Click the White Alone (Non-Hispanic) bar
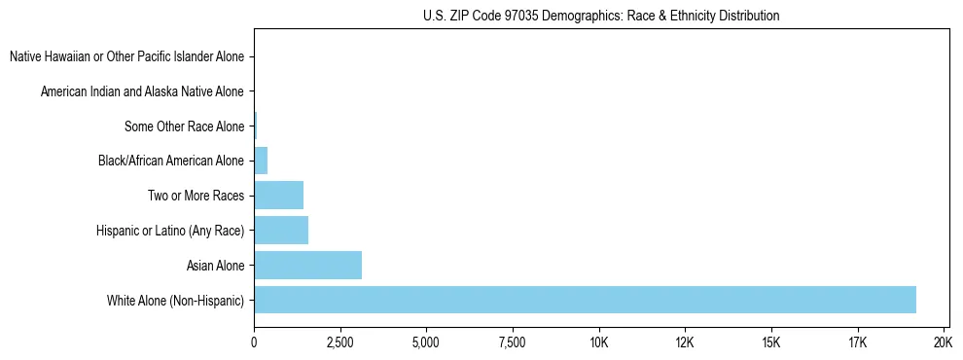pyautogui.click(x=584, y=300)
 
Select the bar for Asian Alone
pyautogui.click(x=307, y=265)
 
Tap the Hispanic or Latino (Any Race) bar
pyautogui.click(x=281, y=231)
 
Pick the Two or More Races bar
pyautogui.click(x=278, y=196)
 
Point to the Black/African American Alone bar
pyautogui.click(x=261, y=161)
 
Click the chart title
pyautogui.click(x=601, y=17)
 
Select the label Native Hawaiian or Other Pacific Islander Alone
pyautogui.click(x=127, y=57)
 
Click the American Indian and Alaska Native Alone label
pyautogui.click(x=143, y=92)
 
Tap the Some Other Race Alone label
pyautogui.click(x=185, y=126)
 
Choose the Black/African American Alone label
pyautogui.click(x=171, y=161)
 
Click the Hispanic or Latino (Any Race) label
pyautogui.click(x=170, y=231)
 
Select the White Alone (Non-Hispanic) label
pyautogui.click(x=176, y=300)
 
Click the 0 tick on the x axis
pyautogui.click(x=254, y=343)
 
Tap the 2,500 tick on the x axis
pyautogui.click(x=340, y=343)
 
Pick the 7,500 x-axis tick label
pyautogui.click(x=513, y=343)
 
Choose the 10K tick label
pyautogui.click(x=599, y=343)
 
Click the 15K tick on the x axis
pyautogui.click(x=771, y=343)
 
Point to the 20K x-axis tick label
pyautogui.click(x=944, y=343)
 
